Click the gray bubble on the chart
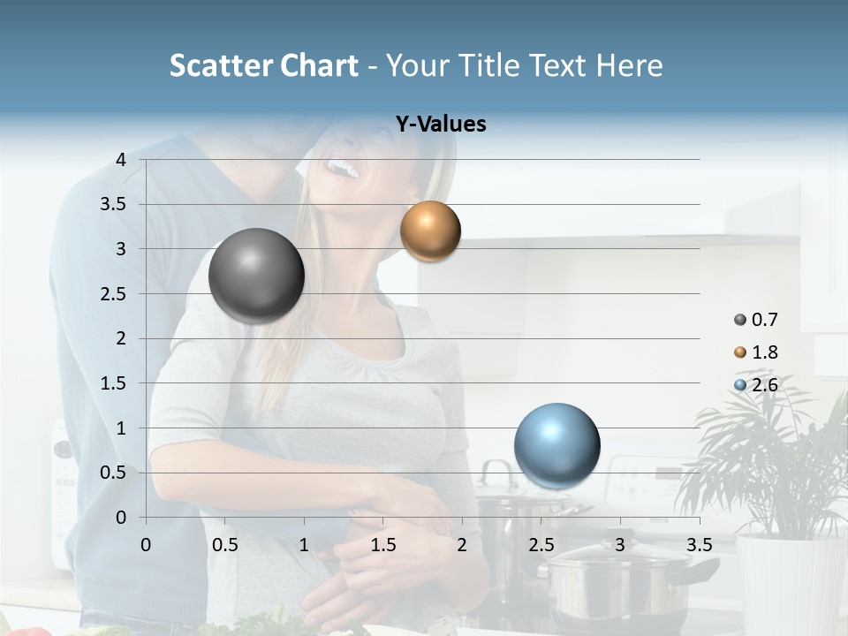(x=256, y=276)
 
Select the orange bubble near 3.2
(x=430, y=231)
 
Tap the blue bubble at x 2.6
(x=556, y=445)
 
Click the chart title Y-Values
(x=440, y=125)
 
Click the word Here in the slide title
(x=629, y=65)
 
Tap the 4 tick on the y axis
(x=121, y=160)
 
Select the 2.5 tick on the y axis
(x=113, y=294)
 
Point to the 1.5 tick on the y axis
(x=113, y=383)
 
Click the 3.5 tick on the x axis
(x=700, y=545)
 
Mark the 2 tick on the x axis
(x=462, y=545)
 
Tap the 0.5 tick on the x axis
(x=225, y=545)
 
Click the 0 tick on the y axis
(x=121, y=518)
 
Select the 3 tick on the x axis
(x=620, y=545)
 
